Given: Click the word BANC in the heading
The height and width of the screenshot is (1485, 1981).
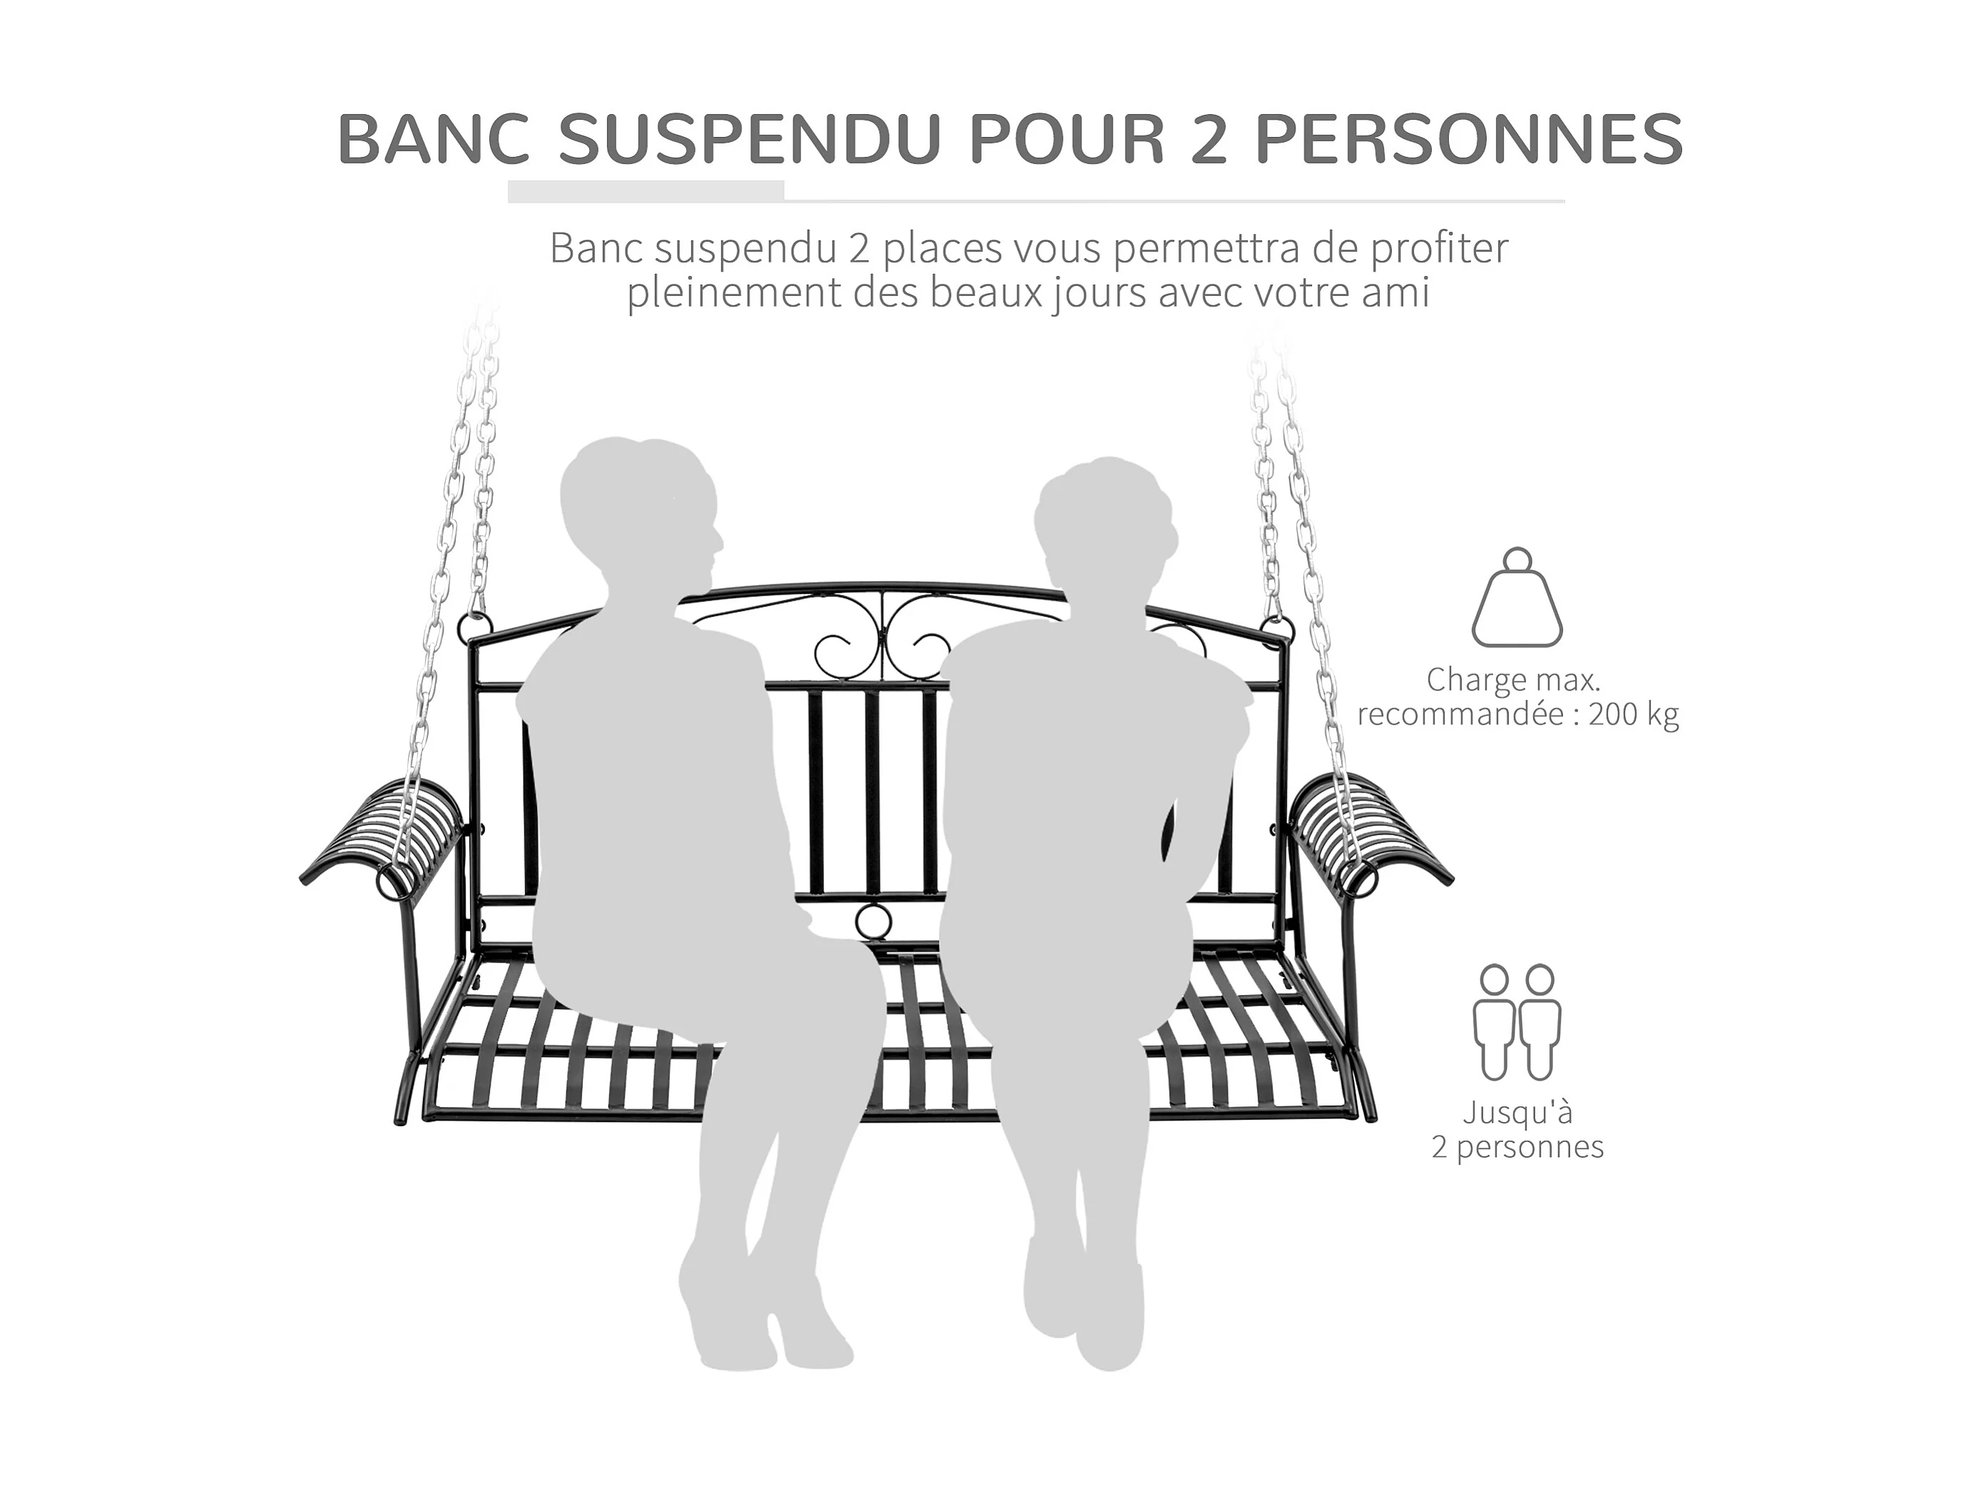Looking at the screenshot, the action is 434,140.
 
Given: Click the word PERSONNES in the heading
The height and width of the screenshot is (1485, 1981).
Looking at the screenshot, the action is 1470,140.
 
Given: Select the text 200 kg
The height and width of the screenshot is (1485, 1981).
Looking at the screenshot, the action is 1634,715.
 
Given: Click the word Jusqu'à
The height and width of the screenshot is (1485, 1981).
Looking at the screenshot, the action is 1517,1113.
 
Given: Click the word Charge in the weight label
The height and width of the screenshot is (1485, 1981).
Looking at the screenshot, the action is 1465,680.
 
